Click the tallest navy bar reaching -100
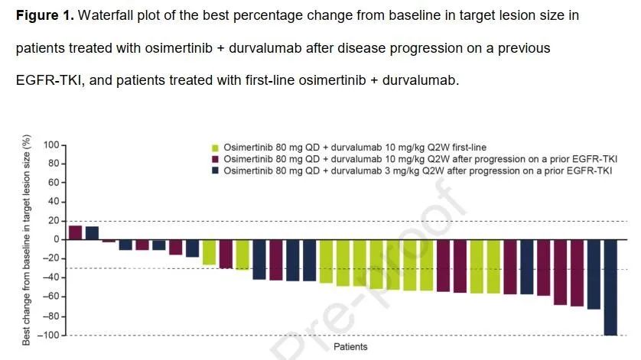pyautogui.click(x=610, y=287)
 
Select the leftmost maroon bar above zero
pyautogui.click(x=75, y=232)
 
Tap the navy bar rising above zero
pyautogui.click(x=92, y=233)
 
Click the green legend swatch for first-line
pyautogui.click(x=216, y=148)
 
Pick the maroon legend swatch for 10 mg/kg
pyautogui.click(x=216, y=158)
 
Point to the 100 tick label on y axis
pyautogui.click(x=51, y=144)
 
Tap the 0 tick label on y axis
pyautogui.click(x=56, y=240)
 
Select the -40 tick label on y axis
pyautogui.click(x=51, y=278)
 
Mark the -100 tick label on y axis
pyautogui.click(x=49, y=336)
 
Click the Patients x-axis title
pyautogui.click(x=350, y=347)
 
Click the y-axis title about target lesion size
pyautogui.click(x=27, y=239)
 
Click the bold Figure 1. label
pyautogui.click(x=45, y=15)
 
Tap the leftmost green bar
pyautogui.click(x=209, y=252)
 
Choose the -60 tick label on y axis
pyautogui.click(x=51, y=297)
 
